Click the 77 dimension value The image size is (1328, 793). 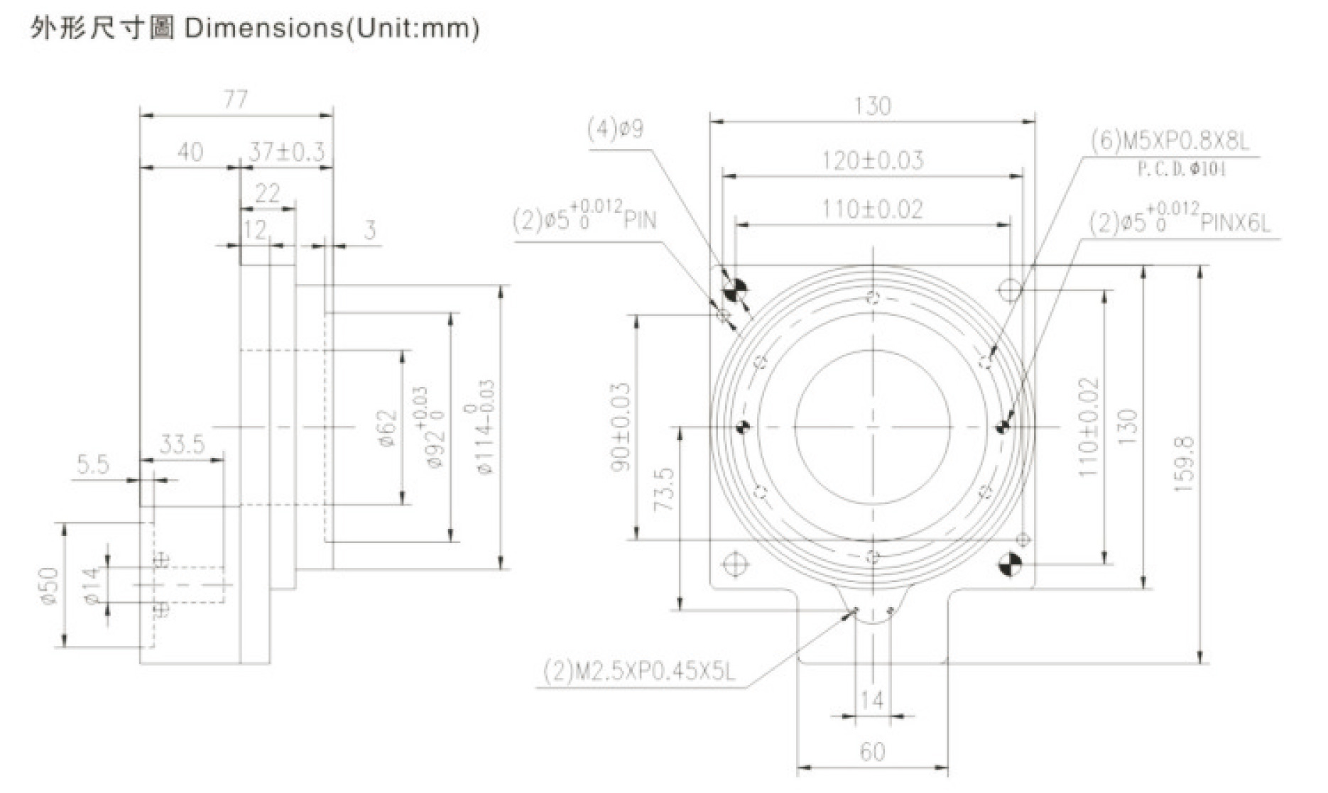click(x=236, y=98)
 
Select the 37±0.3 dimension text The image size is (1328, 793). click(x=286, y=152)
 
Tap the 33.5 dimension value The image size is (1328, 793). click(x=182, y=445)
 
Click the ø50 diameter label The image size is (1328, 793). click(x=48, y=585)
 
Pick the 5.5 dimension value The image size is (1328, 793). click(x=93, y=465)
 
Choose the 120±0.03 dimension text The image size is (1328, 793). click(x=873, y=160)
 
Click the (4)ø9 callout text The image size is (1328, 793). click(x=615, y=129)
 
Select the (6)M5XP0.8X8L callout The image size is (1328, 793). click(x=1170, y=142)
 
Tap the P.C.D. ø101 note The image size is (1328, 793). click(x=1181, y=170)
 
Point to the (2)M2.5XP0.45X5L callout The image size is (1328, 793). click(x=639, y=671)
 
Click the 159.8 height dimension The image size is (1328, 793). click(x=1184, y=465)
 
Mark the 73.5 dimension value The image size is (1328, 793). click(x=663, y=488)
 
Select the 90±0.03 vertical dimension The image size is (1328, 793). click(x=621, y=427)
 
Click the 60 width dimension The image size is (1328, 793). click(x=872, y=752)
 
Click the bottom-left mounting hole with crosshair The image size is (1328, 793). click(x=734, y=564)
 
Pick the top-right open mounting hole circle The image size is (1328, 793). click(x=1010, y=289)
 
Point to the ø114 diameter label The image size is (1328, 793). click(x=487, y=427)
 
